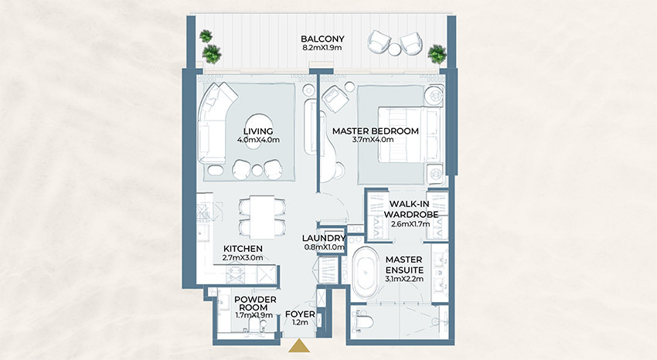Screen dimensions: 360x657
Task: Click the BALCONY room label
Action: click(x=323, y=39)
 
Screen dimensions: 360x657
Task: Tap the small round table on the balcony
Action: click(x=394, y=49)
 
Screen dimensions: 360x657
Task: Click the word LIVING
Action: click(x=257, y=131)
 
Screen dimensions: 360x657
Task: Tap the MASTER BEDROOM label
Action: click(x=375, y=131)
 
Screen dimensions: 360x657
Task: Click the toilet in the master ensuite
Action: click(x=363, y=320)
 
